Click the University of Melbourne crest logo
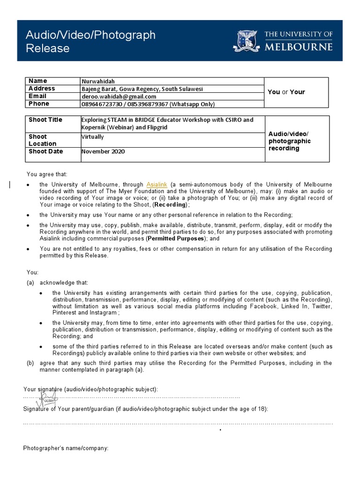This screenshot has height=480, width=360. click(x=247, y=41)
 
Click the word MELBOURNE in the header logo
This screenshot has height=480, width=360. click(x=299, y=47)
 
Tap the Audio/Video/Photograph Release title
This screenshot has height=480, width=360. click(x=90, y=41)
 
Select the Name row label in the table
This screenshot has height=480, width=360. click(x=38, y=81)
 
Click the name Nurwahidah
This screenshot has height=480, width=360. click(x=99, y=81)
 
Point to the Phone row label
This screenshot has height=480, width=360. click(x=39, y=104)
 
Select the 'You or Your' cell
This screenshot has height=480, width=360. click(x=286, y=92)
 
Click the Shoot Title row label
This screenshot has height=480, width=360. click(x=45, y=120)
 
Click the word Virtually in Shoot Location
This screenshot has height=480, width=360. click(x=93, y=137)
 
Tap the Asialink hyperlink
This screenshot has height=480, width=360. click(x=157, y=185)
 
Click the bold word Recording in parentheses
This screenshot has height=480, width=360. click(x=170, y=205)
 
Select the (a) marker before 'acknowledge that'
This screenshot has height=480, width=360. click(x=30, y=283)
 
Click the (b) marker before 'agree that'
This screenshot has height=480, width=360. click(x=30, y=363)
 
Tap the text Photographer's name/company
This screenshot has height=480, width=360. click(x=66, y=449)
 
